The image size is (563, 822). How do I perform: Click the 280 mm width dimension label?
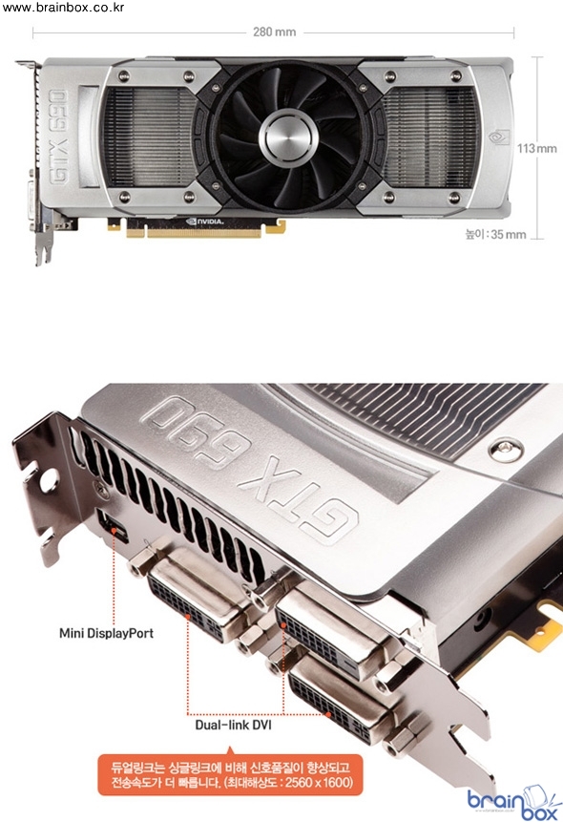(274, 32)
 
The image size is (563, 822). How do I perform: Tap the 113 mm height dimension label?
(537, 148)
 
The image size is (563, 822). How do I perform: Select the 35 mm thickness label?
(496, 234)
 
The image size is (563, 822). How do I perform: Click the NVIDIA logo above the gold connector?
(205, 221)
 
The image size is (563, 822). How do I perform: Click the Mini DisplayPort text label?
(107, 633)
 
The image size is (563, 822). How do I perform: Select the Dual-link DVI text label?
(233, 725)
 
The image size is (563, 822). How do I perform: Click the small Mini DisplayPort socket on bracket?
(113, 527)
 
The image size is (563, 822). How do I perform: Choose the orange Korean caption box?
(230, 775)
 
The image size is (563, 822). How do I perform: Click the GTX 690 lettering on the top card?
(57, 137)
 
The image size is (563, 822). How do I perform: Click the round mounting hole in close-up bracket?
(50, 478)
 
